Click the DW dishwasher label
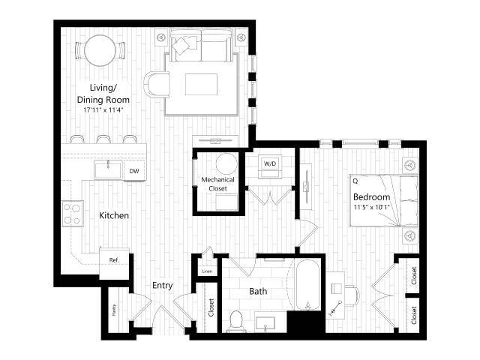pos(134,171)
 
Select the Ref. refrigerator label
pos(115,260)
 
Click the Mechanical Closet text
pos(217,184)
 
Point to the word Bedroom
pos(371,197)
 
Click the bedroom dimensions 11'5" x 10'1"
pos(373,208)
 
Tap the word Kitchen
pos(114,216)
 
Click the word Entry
pos(163,285)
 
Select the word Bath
pos(259,291)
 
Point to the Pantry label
pos(114,310)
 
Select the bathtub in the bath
pos(306,286)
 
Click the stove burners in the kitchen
pos(73,214)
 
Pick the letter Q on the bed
pos(354,181)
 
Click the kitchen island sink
pos(108,169)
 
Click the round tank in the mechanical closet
pos(225,163)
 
